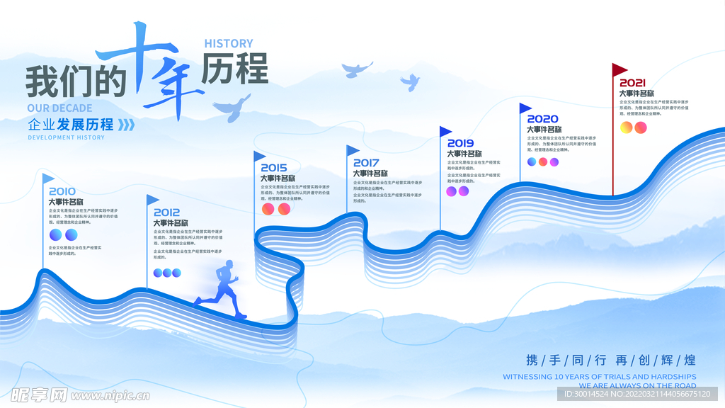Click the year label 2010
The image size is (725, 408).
click(62, 191)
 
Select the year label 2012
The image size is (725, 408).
click(166, 212)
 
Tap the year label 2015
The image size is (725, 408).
click(274, 168)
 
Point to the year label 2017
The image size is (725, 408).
click(366, 163)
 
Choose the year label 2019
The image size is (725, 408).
click(460, 143)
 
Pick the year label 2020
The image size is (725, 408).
click(542, 119)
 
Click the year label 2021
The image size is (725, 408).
click(632, 83)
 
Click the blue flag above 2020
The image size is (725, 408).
click(525, 108)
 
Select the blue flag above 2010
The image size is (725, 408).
click(47, 178)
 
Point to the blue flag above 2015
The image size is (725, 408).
click(260, 156)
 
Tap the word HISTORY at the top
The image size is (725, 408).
click(228, 44)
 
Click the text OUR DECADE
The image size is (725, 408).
click(59, 108)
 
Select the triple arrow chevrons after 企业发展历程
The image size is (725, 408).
click(125, 125)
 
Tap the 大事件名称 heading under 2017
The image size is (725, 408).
click(370, 174)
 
